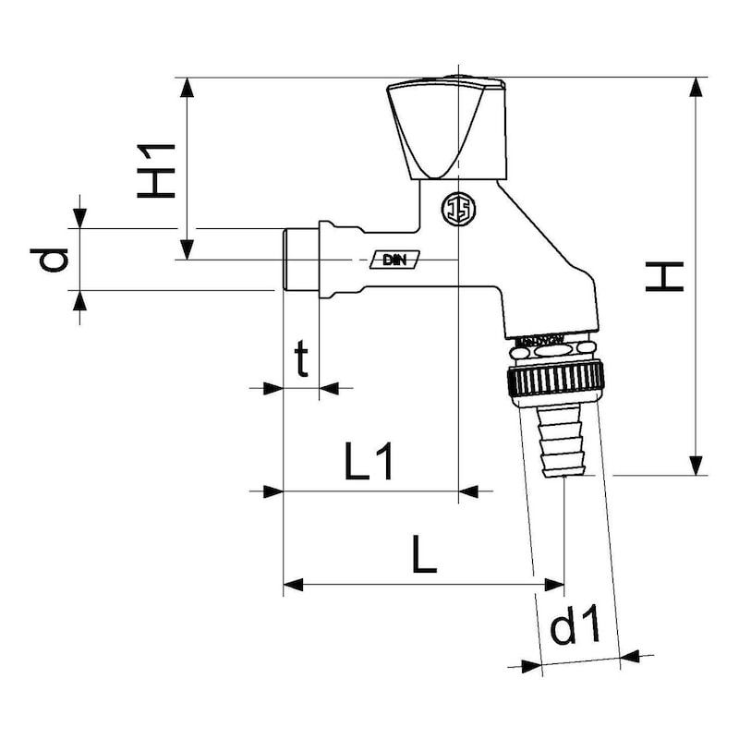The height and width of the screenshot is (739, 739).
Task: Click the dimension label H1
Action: (157, 169)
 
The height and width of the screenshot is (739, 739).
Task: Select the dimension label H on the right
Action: (665, 276)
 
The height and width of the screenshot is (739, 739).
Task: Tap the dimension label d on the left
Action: (56, 260)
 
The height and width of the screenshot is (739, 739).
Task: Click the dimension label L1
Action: (369, 462)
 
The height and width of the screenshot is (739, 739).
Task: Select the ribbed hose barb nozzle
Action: (563, 443)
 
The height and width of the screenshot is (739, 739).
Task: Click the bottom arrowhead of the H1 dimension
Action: (188, 248)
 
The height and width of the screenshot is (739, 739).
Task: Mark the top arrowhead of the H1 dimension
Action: (188, 89)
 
